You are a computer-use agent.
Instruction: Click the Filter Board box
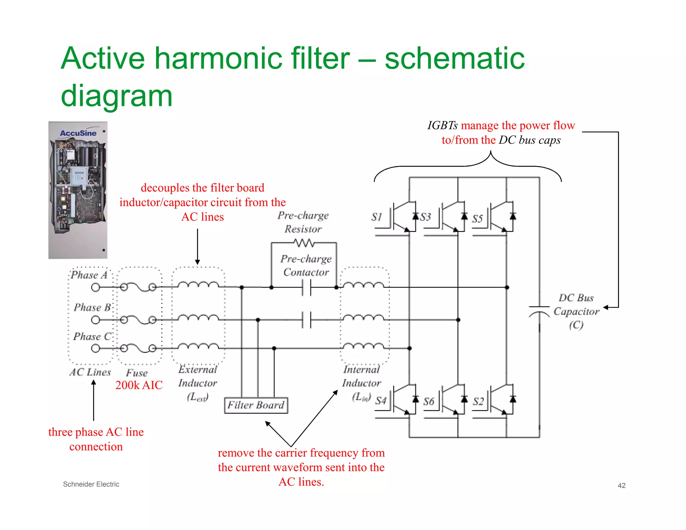tap(256, 405)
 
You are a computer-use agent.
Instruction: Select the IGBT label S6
tap(428, 401)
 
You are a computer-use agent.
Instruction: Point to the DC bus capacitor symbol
tap(539, 311)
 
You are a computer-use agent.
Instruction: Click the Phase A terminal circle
tap(95, 287)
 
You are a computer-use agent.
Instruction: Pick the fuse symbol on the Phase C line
tap(138, 348)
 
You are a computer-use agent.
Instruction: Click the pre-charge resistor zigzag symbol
tap(304, 243)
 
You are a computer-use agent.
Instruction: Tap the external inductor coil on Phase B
tap(198, 318)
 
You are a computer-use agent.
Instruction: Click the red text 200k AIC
tap(139, 385)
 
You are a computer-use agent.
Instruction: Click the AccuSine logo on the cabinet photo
tap(78, 133)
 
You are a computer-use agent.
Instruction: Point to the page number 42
tap(621, 485)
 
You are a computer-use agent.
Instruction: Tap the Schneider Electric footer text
tap(91, 484)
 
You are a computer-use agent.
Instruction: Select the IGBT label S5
tap(477, 218)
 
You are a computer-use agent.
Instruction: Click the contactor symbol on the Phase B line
tap(306, 320)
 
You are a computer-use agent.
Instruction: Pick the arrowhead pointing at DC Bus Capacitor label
tap(606, 307)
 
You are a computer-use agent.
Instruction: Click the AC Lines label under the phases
tap(90, 372)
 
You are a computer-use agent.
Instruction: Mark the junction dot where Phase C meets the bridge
tap(409, 348)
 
